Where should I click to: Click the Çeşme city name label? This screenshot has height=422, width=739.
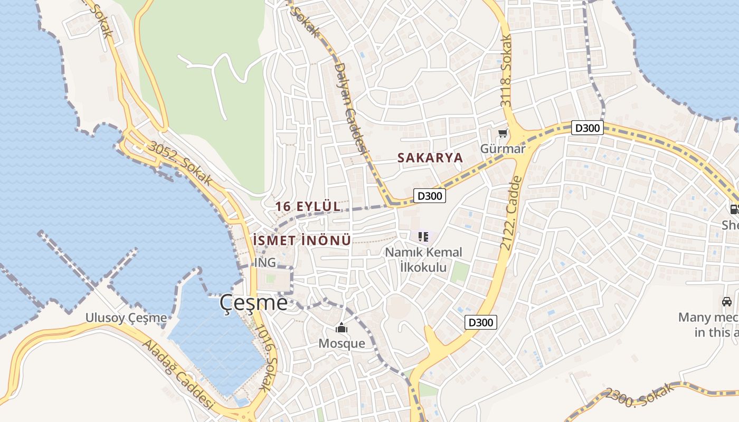[x=254, y=303]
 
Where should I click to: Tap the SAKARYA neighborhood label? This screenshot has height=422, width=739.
[x=430, y=158]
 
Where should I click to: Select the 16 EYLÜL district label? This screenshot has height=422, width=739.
[x=308, y=207]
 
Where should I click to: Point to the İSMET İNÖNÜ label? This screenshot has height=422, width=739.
[x=302, y=241]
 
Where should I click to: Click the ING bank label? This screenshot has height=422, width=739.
[x=265, y=262]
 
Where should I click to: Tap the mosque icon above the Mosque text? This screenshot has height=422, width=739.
[x=342, y=328]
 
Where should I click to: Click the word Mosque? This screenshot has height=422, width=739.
[x=342, y=343]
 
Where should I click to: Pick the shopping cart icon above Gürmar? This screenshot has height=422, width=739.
[x=503, y=133]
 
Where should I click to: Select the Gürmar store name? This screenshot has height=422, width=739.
[x=503, y=149]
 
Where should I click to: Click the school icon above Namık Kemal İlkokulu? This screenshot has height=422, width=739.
[x=423, y=237]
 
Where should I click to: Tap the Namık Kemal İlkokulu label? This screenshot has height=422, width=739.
[x=423, y=260]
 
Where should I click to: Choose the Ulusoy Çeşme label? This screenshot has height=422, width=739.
[x=126, y=318]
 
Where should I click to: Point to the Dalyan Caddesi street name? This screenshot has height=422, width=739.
[x=350, y=108]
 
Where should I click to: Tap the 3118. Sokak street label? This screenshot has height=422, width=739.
[x=507, y=72]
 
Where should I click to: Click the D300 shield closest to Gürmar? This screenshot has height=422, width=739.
[x=586, y=128]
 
